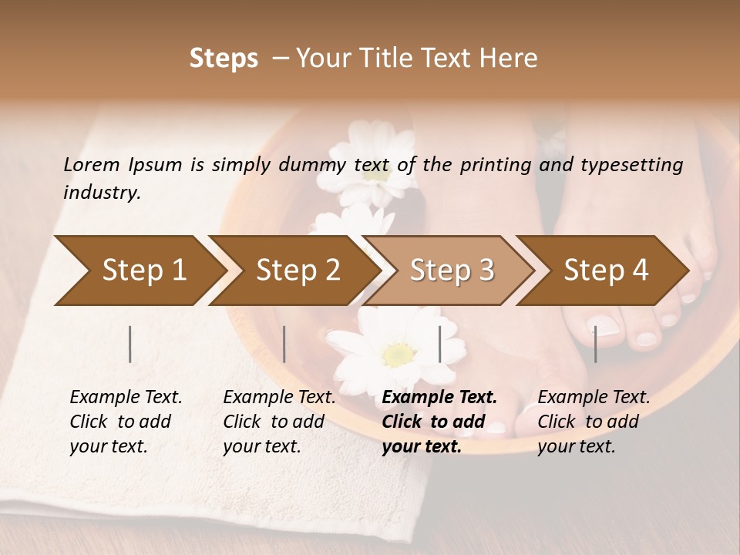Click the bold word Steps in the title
point(224,59)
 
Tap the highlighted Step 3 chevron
point(451,271)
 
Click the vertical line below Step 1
point(130,344)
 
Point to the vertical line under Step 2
point(284,344)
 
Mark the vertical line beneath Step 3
point(440,344)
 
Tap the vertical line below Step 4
point(595,344)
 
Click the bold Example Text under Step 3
point(439,422)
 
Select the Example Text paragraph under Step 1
point(126,422)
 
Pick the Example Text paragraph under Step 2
point(279,422)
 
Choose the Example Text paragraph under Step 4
point(594,422)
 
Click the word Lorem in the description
point(92,164)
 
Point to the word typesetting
point(631,166)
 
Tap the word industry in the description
point(101,193)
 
